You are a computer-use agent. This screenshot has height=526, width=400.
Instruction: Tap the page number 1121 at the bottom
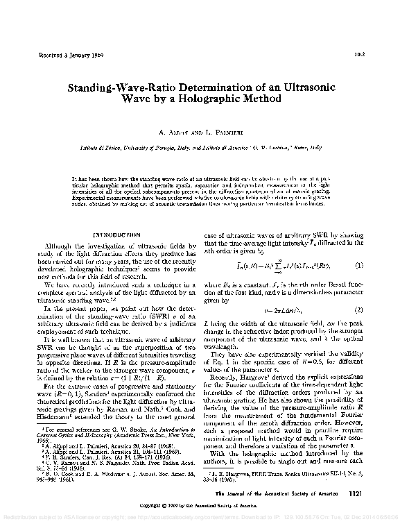[353, 493]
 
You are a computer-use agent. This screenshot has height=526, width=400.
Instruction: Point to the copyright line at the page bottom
[200, 507]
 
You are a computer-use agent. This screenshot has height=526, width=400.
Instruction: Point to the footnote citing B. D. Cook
[111, 476]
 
